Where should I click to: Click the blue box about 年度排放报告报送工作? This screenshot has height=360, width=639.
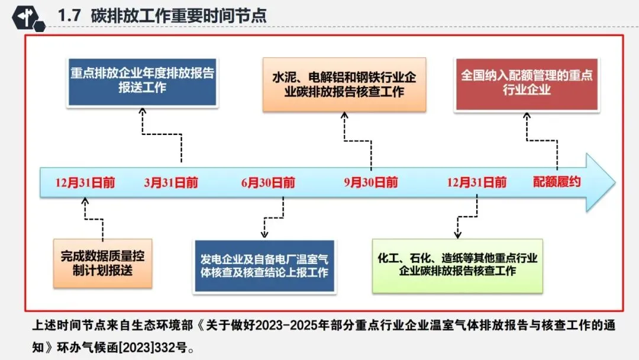143,81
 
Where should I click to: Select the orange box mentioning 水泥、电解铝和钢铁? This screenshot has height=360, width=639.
344,85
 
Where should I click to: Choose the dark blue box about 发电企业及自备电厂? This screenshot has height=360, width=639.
264,266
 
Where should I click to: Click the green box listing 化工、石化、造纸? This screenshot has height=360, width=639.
457,265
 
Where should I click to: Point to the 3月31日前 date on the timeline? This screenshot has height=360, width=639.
171,182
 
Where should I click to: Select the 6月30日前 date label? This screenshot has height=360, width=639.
268,182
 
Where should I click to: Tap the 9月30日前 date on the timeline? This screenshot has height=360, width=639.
371,182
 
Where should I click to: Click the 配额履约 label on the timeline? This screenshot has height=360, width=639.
557,182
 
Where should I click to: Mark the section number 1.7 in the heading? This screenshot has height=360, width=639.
70,16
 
